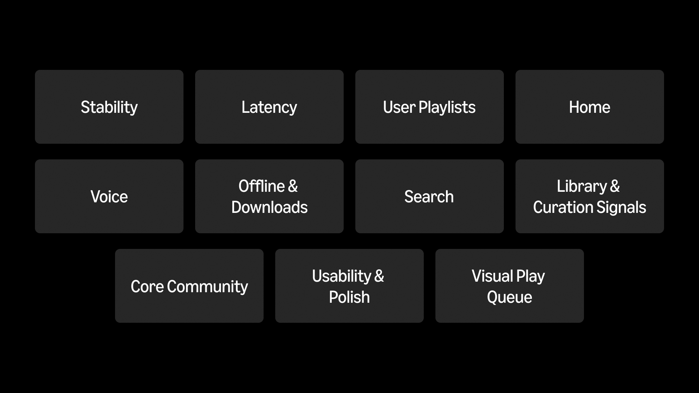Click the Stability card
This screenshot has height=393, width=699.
(109, 107)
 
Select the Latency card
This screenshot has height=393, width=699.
(269, 107)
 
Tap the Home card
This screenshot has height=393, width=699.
(590, 107)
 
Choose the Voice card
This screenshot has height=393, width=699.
(109, 196)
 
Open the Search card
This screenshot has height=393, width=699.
(429, 196)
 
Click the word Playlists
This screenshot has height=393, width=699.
(447, 107)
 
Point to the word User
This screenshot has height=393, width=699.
(399, 107)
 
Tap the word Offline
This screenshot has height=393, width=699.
(261, 186)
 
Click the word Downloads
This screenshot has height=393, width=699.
(269, 207)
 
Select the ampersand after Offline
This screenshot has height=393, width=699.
(293, 186)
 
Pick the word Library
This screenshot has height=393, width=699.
(582, 186)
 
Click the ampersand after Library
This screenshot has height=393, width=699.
(615, 186)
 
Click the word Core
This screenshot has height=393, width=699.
(147, 286)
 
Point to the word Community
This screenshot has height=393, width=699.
(208, 286)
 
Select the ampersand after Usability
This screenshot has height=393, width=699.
(379, 276)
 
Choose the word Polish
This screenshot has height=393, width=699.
(349, 297)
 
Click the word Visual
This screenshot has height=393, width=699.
(492, 276)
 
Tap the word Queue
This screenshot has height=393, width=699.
(510, 297)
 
